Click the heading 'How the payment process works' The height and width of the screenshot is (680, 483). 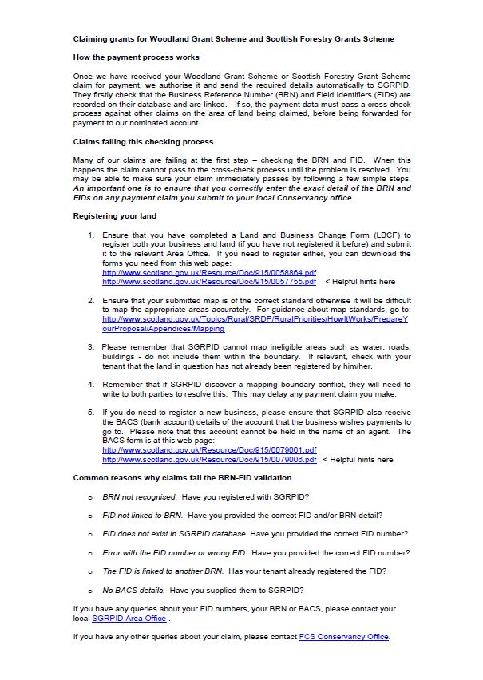(136, 57)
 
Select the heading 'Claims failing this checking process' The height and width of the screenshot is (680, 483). (143, 141)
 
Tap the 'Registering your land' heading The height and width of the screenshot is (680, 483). (114, 216)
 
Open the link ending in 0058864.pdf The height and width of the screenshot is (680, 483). (209, 273)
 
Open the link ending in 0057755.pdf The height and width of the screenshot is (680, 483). (209, 282)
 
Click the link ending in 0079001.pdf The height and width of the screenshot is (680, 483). (209, 450)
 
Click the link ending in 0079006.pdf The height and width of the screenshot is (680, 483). (209, 460)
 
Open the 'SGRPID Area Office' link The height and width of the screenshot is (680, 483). (129, 619)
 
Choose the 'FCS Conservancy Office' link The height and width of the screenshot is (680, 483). (344, 636)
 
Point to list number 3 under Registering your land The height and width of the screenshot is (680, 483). (91, 347)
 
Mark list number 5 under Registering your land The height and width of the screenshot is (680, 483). (91, 411)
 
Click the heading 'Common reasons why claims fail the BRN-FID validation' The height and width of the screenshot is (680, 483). (182, 478)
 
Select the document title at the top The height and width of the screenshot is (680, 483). (233, 38)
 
